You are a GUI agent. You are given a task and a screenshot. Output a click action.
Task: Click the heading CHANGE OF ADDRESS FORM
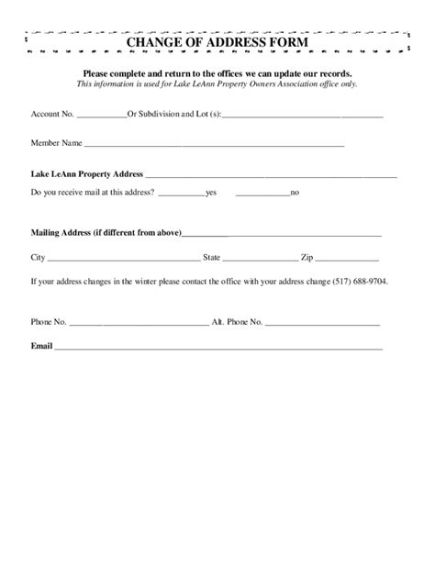217,43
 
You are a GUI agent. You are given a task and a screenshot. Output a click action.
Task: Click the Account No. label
51,116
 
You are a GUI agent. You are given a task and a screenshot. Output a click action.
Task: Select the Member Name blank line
215,144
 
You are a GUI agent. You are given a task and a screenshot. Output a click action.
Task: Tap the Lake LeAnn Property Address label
87,172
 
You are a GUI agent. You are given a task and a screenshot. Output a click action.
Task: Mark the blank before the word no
262,194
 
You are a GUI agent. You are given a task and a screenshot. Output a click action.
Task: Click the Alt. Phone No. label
238,323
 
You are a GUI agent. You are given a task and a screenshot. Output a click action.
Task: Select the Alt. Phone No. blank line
322,325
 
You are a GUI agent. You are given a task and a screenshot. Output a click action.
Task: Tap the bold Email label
41,346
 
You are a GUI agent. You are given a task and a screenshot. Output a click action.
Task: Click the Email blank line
218,348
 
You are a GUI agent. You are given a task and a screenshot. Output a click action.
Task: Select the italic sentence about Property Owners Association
217,83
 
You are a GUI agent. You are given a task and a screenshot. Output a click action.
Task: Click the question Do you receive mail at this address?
93,193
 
